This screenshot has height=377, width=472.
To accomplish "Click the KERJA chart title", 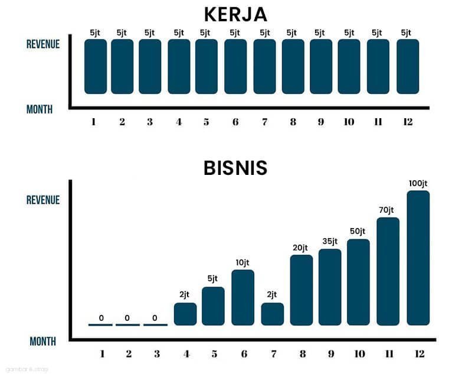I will tap(235, 14).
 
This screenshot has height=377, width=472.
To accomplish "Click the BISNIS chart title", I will tap(235, 168).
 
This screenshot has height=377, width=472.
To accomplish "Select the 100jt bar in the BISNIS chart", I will tap(418, 258).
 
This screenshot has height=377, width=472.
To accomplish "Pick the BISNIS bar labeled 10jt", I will tap(242, 297).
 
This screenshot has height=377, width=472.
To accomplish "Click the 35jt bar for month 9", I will tap(330, 287).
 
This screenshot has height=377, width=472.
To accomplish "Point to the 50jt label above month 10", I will tap(358, 231).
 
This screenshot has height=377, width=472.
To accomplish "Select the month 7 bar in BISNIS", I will tap(272, 314).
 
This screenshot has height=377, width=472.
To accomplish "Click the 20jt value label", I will tap(301, 247).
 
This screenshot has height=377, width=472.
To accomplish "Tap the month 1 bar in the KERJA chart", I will tap(96, 66).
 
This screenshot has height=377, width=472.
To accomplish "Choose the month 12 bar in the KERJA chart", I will tap(407, 66).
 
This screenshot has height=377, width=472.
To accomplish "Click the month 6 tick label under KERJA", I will tap(235, 122).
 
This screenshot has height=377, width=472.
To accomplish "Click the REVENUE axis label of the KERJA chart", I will tap(43, 44).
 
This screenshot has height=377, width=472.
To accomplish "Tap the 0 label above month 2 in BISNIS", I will tap(127, 318).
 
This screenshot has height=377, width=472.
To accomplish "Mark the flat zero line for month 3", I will tap(155, 324).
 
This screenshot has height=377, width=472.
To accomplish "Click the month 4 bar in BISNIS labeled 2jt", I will tap(185, 314).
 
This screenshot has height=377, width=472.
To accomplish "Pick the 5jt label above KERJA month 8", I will tap(292, 32).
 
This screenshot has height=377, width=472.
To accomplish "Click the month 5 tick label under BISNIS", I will tap(214, 354).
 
